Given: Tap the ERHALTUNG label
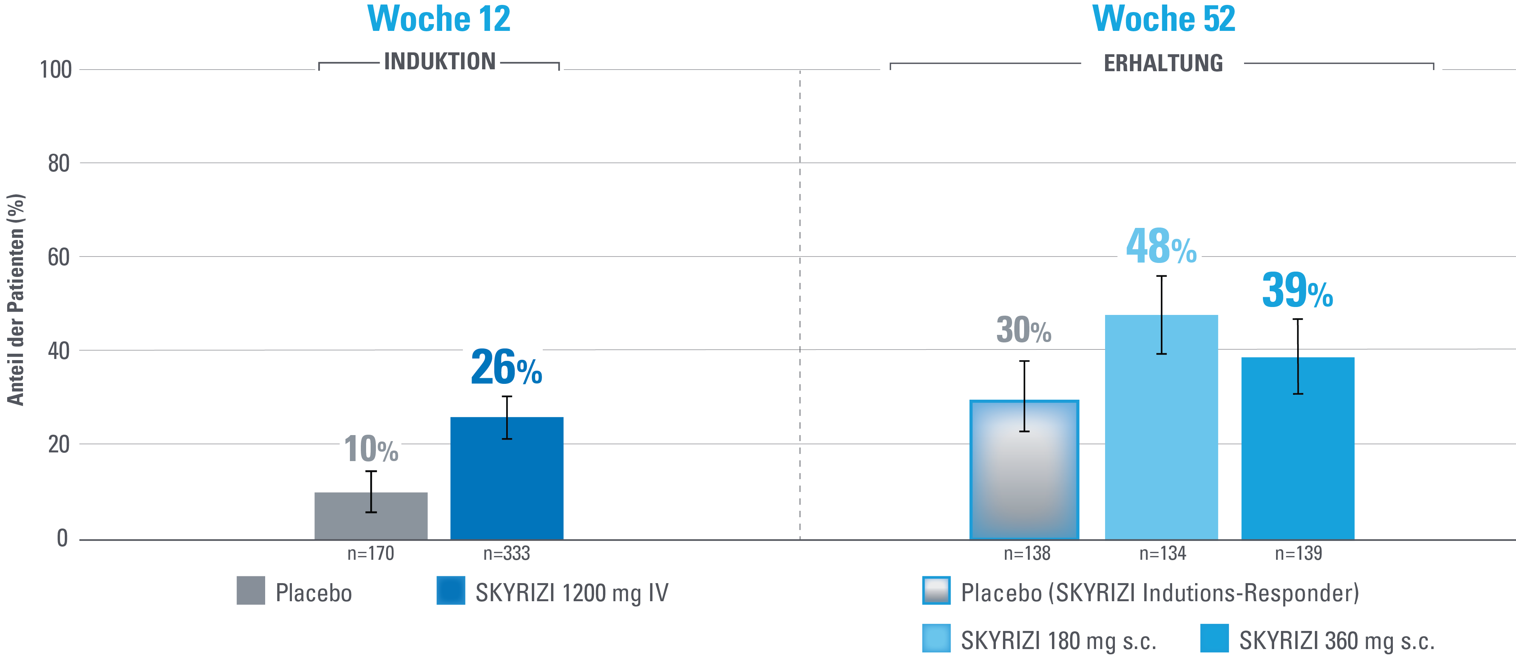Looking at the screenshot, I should pos(1163,63).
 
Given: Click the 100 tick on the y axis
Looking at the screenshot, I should pos(56,70).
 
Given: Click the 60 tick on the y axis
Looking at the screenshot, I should pos(59,257).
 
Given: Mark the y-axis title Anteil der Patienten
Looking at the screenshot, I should pos(16,300).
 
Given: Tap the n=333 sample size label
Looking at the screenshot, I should pos(507,554).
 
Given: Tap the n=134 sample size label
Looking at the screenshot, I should pos(1162,554).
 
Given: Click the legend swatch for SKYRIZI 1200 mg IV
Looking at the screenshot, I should pos(451,591).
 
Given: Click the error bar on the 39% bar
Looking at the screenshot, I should pos(1298,356).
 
